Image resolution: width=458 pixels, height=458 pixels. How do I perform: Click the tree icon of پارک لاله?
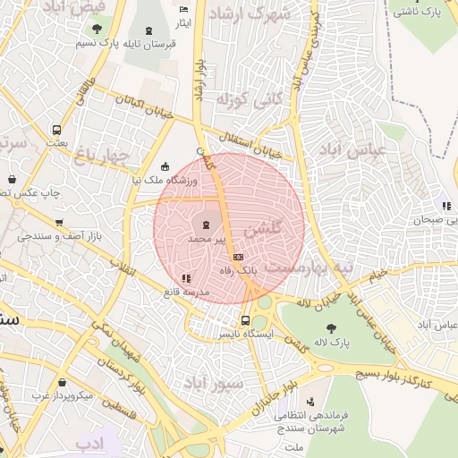pyautogui.click(x=333, y=328)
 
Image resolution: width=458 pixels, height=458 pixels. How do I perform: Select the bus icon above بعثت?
pyautogui.click(x=57, y=129)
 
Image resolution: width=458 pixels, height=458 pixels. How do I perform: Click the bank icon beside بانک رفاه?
pyautogui.click(x=238, y=257)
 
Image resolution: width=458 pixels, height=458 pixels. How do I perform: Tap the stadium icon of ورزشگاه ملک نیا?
pyautogui.click(x=164, y=166)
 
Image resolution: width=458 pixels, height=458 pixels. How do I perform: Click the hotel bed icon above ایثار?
pyautogui.click(x=184, y=10)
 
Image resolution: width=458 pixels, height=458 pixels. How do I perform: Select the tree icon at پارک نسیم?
pyautogui.click(x=84, y=30)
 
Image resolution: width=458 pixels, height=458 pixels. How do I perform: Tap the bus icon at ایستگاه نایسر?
pyautogui.click(x=245, y=320)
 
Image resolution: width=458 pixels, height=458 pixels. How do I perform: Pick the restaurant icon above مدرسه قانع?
pyautogui.click(x=186, y=279)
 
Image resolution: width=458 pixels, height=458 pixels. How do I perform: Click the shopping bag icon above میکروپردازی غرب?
pyautogui.click(x=62, y=382)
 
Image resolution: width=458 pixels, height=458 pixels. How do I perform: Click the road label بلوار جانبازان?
pyautogui.click(x=265, y=402)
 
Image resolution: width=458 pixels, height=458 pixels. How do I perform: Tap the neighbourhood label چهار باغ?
pyautogui.click(x=102, y=155)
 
